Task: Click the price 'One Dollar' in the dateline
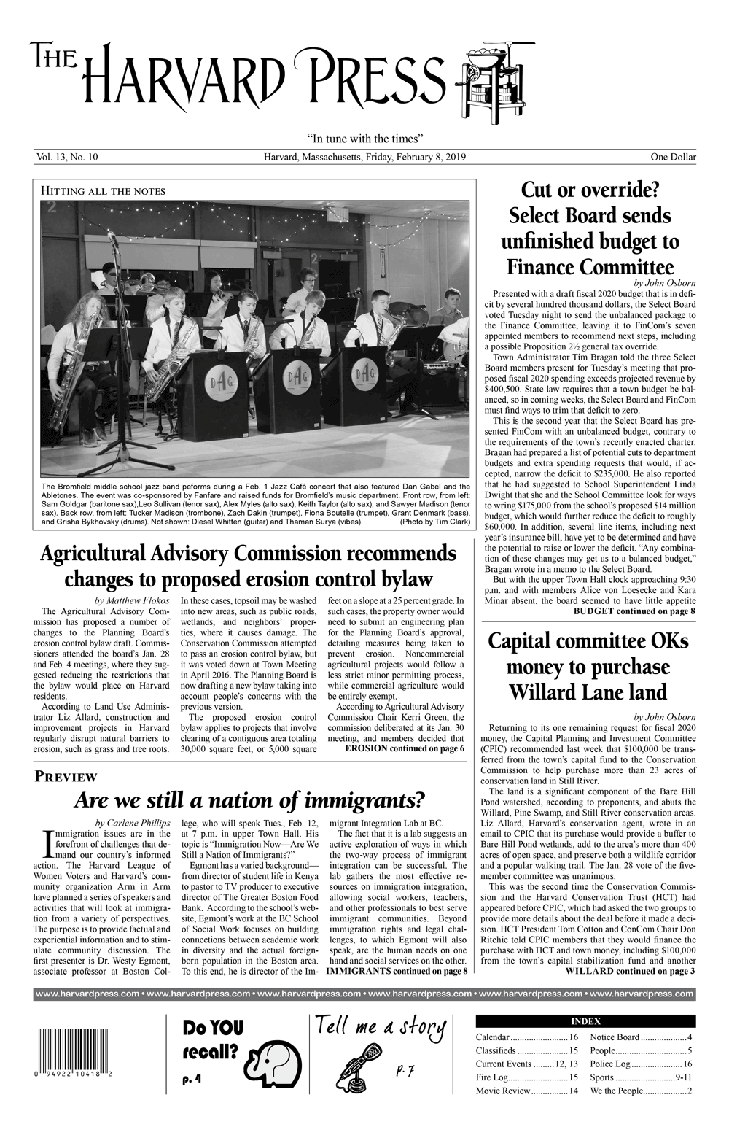(673, 157)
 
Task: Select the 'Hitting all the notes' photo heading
(104, 192)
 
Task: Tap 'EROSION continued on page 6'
(405, 748)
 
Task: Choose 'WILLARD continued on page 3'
(630, 971)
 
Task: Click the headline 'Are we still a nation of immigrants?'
(249, 801)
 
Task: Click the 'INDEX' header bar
(585, 1021)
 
